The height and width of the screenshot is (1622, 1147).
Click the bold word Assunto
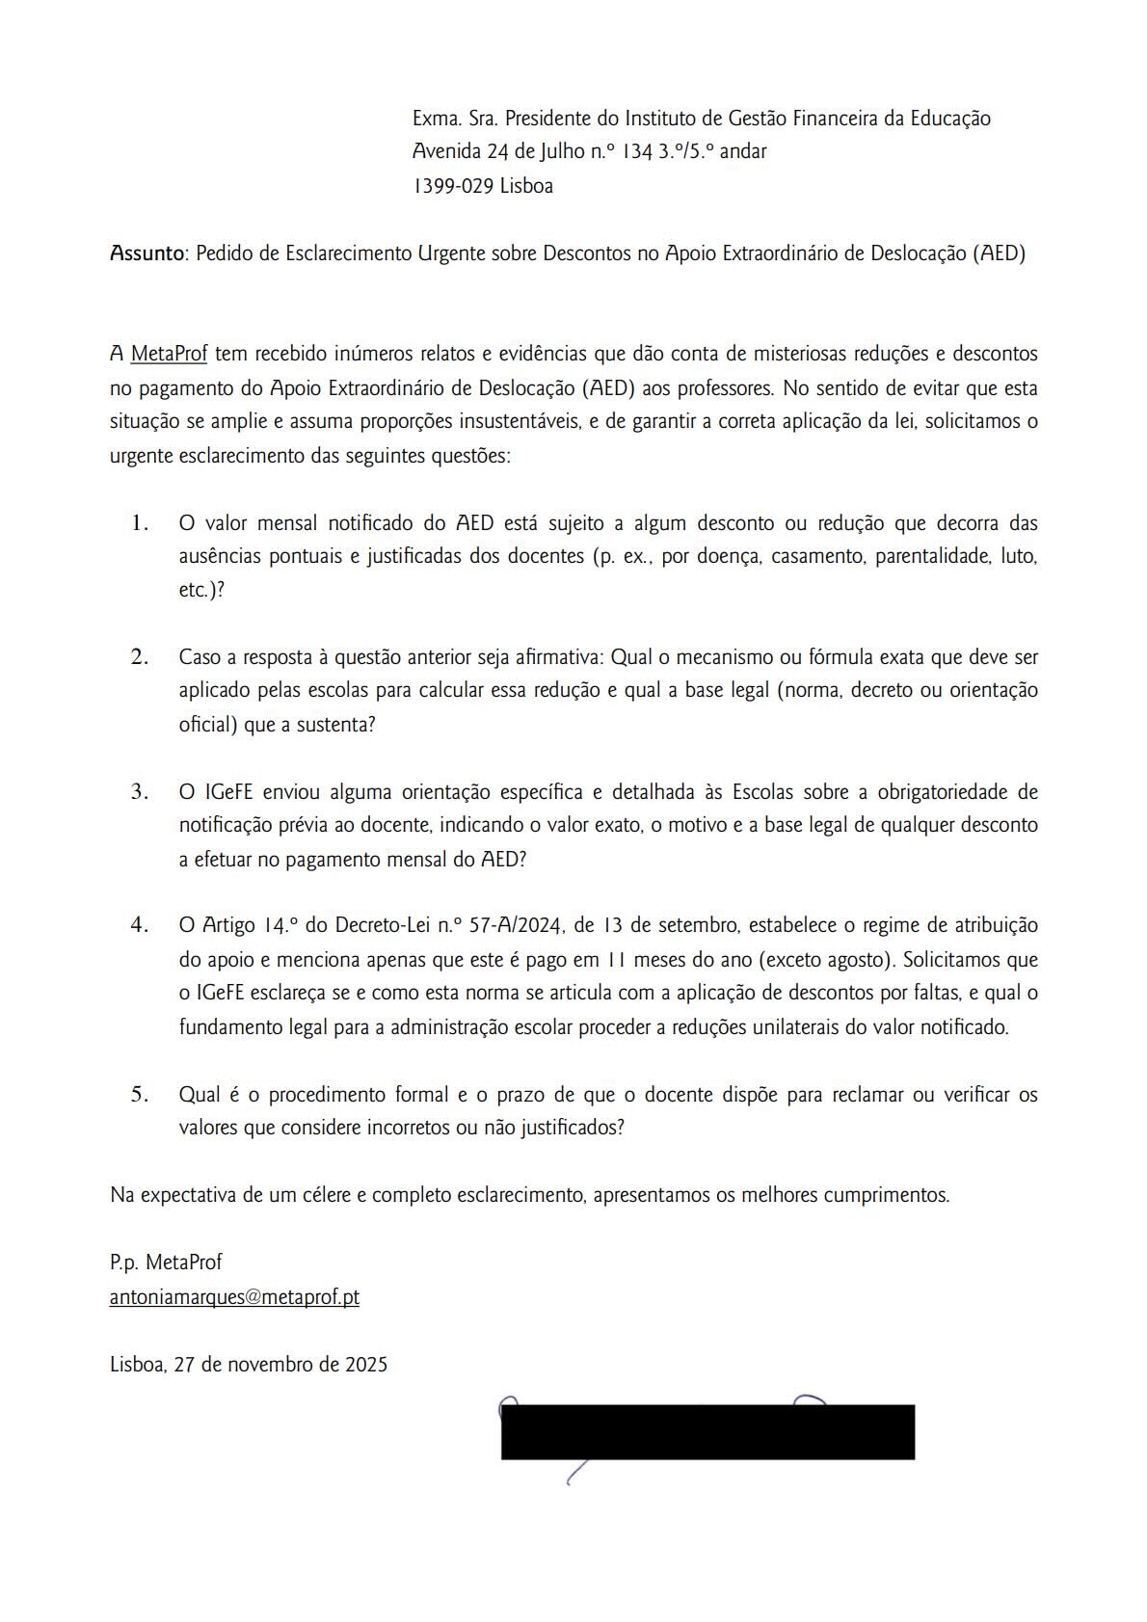pos(147,253)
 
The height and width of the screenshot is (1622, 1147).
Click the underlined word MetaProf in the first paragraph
pos(169,354)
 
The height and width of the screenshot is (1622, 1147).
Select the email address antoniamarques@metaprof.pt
pos(234,1297)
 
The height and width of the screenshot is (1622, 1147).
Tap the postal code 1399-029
pos(453,186)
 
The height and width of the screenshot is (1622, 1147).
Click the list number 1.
pos(140,523)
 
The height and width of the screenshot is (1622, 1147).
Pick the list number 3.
pos(140,791)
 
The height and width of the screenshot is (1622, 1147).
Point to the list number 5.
pos(140,1094)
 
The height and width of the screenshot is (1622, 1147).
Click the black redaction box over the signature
pos(707,1432)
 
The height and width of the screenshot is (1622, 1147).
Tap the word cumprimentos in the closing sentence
pos(890,1195)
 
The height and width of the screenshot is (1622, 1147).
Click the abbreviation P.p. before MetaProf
pos(125,1263)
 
